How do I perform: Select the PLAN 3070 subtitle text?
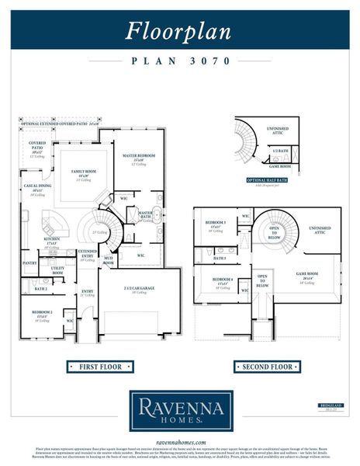tap(179, 60)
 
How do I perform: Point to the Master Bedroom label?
tap(140, 156)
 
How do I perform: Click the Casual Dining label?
tap(36, 188)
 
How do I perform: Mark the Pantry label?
tap(29, 263)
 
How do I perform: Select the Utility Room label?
tap(57, 270)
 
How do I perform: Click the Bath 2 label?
tap(40, 288)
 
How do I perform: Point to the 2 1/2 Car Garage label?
tap(139, 287)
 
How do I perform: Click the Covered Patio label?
tap(36, 144)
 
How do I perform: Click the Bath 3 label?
tap(220, 258)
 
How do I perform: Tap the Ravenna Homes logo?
tap(179, 409)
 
